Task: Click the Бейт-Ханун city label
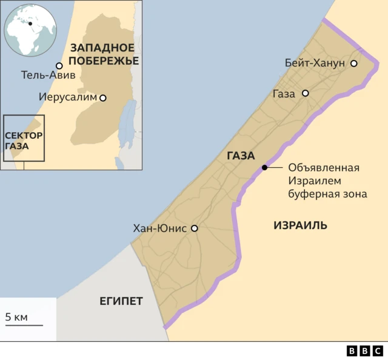(315, 63)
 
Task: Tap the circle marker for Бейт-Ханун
(353, 63)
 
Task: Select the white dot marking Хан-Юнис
(195, 228)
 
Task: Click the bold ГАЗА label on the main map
(241, 156)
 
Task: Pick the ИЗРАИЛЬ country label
(300, 225)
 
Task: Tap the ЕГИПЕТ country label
(121, 301)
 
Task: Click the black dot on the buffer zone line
(264, 168)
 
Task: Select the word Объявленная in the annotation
(324, 168)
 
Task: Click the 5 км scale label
(17, 317)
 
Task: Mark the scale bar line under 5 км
(24, 325)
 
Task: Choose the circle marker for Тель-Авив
(59, 65)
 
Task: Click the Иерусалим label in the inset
(67, 97)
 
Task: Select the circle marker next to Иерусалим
(103, 98)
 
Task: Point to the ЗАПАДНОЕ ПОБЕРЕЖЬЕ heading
(104, 54)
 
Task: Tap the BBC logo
(364, 350)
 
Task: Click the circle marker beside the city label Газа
(306, 93)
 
